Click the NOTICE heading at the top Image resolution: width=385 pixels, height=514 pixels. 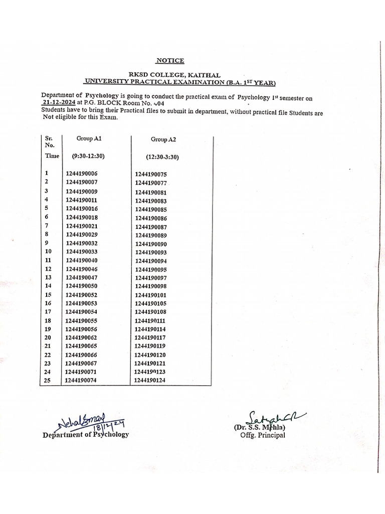(170, 61)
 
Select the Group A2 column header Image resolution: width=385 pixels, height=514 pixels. (163, 140)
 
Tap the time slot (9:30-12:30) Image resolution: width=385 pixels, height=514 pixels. (88, 156)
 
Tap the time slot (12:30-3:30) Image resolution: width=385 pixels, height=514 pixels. (162, 157)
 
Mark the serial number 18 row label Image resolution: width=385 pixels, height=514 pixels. (48, 320)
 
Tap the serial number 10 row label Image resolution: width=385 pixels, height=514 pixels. (48, 251)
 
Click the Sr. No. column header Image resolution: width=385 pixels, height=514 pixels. (49, 141)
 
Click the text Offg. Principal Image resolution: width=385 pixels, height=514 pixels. (262, 435)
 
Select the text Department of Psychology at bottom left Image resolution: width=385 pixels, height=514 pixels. (86, 435)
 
